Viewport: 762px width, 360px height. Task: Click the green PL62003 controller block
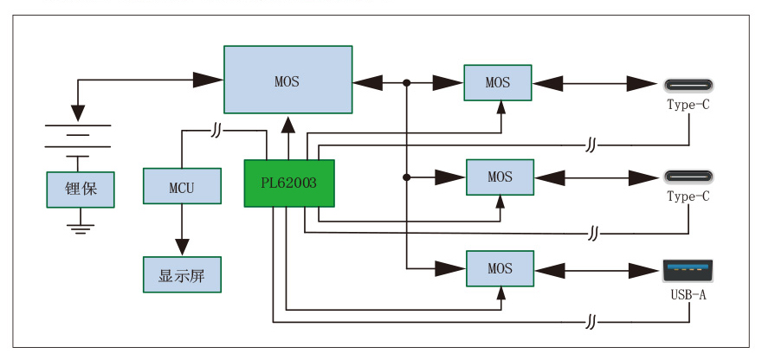click(289, 183)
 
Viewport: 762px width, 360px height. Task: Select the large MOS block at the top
click(287, 80)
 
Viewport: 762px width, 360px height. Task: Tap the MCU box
click(181, 187)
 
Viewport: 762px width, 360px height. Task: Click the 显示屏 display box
click(181, 275)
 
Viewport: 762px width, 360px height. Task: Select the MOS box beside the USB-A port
click(500, 268)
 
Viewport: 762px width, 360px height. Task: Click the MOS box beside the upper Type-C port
click(498, 82)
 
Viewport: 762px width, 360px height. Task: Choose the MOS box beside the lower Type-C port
click(500, 177)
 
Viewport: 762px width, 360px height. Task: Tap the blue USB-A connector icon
click(688, 270)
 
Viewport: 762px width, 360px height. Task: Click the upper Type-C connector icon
click(688, 85)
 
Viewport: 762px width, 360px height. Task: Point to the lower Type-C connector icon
click(688, 177)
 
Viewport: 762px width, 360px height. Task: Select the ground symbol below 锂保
click(81, 227)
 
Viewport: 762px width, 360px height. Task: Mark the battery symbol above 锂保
click(79, 138)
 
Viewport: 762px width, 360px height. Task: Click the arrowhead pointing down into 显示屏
click(182, 246)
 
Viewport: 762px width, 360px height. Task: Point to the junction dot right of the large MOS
click(406, 83)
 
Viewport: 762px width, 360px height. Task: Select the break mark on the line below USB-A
click(591, 323)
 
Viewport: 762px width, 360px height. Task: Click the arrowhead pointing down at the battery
click(79, 112)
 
